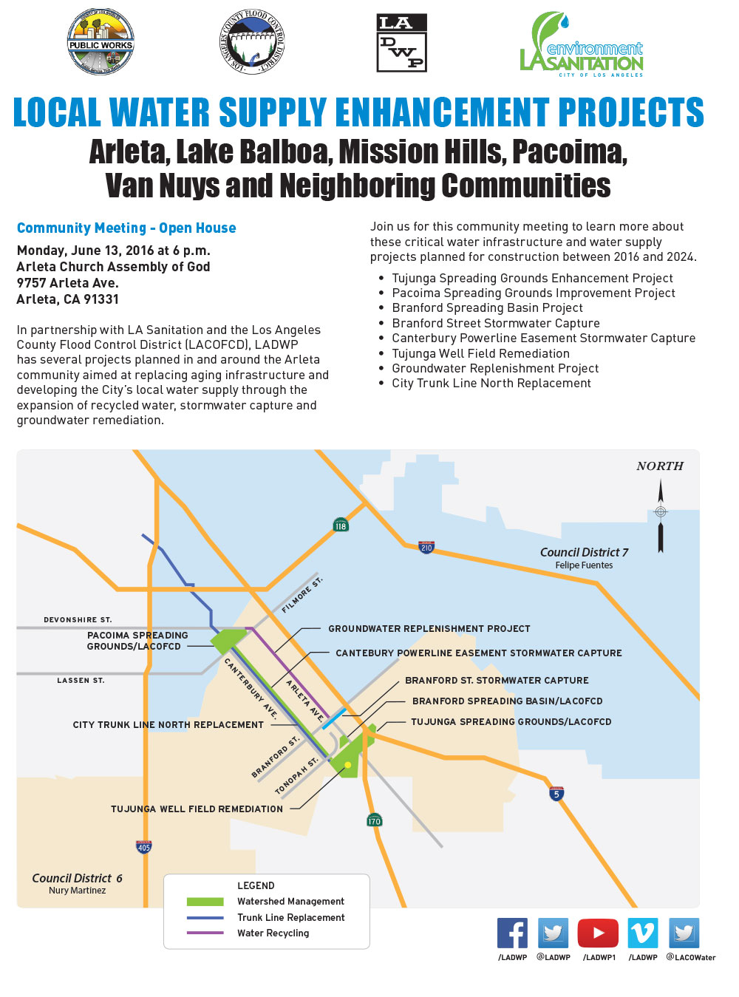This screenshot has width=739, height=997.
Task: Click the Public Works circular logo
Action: [x=101, y=42]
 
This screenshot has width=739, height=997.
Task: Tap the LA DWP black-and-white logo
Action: [x=401, y=43]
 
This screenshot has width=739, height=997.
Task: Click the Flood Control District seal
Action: [x=252, y=42]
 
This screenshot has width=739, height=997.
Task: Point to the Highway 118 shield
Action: [x=341, y=525]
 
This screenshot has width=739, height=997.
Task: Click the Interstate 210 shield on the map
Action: [x=426, y=547]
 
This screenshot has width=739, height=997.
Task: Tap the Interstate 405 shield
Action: [x=144, y=847]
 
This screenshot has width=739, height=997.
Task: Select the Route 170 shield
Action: [x=375, y=820]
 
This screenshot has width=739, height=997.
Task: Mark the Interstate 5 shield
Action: [x=556, y=794]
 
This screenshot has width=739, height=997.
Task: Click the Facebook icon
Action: [x=512, y=933]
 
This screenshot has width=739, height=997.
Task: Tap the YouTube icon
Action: [x=598, y=933]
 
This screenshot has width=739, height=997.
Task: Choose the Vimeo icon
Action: [x=642, y=933]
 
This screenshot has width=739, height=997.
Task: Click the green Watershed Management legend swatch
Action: [x=205, y=902]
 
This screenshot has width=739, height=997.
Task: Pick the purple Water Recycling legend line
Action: [x=205, y=933]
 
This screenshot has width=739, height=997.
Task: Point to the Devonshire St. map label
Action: [x=78, y=620]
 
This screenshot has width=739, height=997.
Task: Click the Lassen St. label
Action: [x=81, y=681]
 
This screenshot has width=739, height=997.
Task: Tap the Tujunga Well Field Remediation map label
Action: [x=197, y=809]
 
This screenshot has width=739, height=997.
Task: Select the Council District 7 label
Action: [x=584, y=553]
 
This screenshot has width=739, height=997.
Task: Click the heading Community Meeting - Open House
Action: [x=126, y=228]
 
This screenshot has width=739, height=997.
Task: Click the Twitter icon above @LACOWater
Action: [x=684, y=933]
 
